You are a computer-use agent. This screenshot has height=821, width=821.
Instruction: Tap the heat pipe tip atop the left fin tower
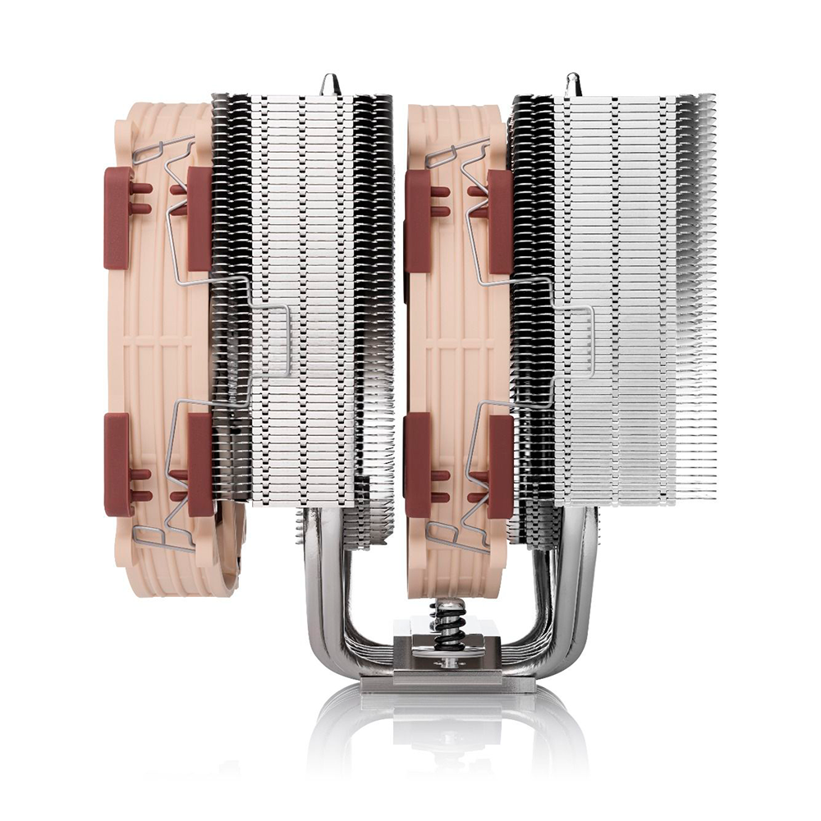[331, 84]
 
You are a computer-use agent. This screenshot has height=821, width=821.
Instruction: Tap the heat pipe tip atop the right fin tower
[572, 84]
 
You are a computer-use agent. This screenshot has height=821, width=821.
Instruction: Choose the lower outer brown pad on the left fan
[117, 464]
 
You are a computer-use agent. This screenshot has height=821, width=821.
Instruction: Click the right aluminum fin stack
[624, 296]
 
